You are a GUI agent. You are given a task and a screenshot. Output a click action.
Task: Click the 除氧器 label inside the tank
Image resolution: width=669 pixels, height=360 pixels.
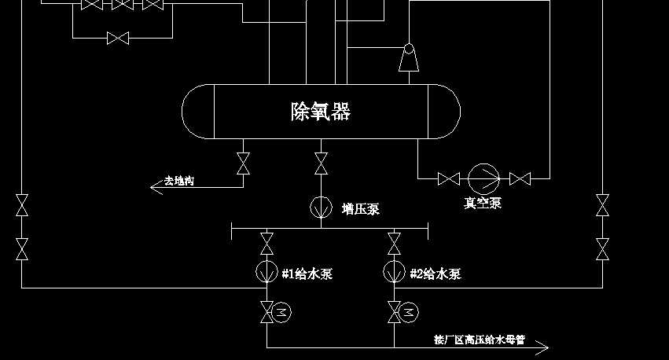pos(321,111)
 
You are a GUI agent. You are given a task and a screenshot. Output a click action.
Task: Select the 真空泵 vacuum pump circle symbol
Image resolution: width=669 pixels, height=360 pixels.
pos(483,178)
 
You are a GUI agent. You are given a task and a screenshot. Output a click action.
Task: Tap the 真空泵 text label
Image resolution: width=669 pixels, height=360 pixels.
pos(483,204)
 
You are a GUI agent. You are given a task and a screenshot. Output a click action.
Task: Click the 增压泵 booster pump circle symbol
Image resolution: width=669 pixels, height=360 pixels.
pos(321,208)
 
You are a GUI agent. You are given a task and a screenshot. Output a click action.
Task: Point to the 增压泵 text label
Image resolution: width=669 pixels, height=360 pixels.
pos(361,209)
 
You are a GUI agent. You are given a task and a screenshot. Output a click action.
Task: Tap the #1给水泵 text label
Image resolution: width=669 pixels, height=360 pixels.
pos(307,274)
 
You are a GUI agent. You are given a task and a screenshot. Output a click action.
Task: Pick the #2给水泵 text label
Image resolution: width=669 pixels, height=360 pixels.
pos(436,274)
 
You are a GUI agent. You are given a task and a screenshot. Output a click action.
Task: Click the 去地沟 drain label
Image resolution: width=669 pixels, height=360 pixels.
pos(179,182)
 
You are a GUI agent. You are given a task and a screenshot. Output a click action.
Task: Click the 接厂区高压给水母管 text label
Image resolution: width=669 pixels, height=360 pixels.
pos(479,341)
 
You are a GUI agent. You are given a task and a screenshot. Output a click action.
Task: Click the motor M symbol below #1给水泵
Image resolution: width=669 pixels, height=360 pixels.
pos(280,313)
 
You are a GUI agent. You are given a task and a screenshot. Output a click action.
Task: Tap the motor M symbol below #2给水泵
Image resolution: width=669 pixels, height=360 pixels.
pos(409,313)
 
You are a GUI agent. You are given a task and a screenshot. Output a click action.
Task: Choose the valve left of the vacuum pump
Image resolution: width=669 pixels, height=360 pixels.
pos(448,179)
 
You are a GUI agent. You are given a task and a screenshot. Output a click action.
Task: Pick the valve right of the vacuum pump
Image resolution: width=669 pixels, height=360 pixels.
pos(520,179)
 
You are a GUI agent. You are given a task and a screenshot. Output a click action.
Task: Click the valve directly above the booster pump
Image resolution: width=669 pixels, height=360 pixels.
pos(321,163)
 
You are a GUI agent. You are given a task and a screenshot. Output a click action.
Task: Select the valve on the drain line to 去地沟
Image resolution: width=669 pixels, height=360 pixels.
pos(243,163)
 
